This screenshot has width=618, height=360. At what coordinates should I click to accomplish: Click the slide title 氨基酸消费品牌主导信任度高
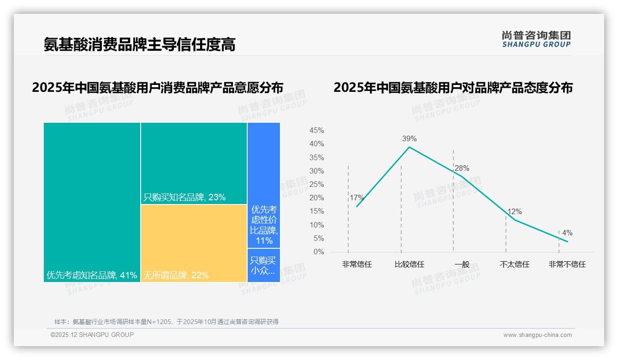click(x=139, y=44)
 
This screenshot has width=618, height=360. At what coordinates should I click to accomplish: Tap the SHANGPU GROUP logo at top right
click(x=536, y=39)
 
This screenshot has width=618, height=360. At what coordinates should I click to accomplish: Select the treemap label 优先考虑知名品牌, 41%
click(x=92, y=276)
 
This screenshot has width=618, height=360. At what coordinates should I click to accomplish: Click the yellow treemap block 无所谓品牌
click(x=194, y=243)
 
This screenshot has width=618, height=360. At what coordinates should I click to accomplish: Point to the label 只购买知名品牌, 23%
click(x=184, y=198)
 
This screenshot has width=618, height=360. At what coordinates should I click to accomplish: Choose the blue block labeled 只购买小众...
click(x=263, y=265)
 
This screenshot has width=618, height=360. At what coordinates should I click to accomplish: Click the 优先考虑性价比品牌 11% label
click(x=264, y=225)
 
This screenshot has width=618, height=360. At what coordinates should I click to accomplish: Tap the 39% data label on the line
click(x=409, y=138)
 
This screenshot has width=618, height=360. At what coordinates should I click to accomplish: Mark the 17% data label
click(x=357, y=198)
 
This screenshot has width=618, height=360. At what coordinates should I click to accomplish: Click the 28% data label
click(x=462, y=168)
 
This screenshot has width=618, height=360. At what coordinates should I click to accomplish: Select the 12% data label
click(x=514, y=212)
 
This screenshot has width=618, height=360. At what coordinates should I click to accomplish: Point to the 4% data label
click(x=567, y=233)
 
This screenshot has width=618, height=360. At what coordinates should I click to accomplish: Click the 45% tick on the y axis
click(x=316, y=131)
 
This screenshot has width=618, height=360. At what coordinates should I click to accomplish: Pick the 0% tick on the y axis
click(x=319, y=252)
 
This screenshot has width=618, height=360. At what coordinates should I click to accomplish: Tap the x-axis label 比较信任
click(x=409, y=264)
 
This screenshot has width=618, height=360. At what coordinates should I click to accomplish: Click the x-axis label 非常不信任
click(x=567, y=264)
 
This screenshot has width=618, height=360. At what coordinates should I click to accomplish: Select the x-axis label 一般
click(x=462, y=264)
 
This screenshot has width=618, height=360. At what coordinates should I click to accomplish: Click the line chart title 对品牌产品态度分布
click(x=453, y=88)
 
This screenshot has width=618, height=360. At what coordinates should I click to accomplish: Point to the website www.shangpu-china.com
click(x=537, y=335)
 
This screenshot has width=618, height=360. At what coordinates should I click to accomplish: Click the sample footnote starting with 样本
click(x=166, y=322)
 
